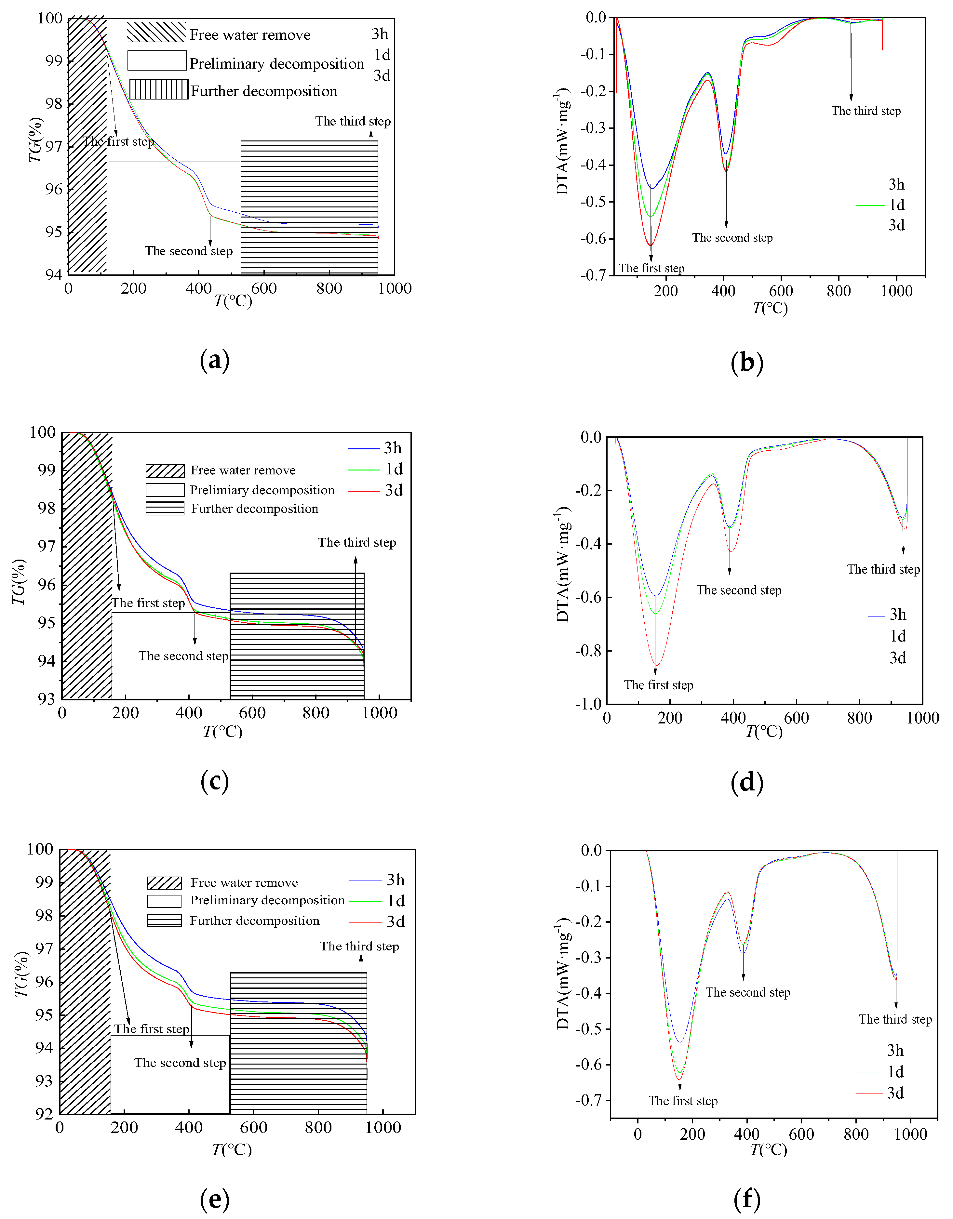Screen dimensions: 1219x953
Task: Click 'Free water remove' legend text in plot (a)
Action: tap(249, 35)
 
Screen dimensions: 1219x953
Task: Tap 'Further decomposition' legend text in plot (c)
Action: tap(255, 509)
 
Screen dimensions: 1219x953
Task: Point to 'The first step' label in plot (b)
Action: tap(651, 269)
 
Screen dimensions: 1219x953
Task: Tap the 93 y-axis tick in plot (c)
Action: tap(46, 699)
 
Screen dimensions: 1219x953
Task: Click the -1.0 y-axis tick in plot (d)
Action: tap(588, 704)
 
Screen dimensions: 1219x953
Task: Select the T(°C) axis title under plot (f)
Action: tap(768, 1150)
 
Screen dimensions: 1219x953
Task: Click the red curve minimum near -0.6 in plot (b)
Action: tap(651, 245)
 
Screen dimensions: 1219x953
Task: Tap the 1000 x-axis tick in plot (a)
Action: tap(394, 288)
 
